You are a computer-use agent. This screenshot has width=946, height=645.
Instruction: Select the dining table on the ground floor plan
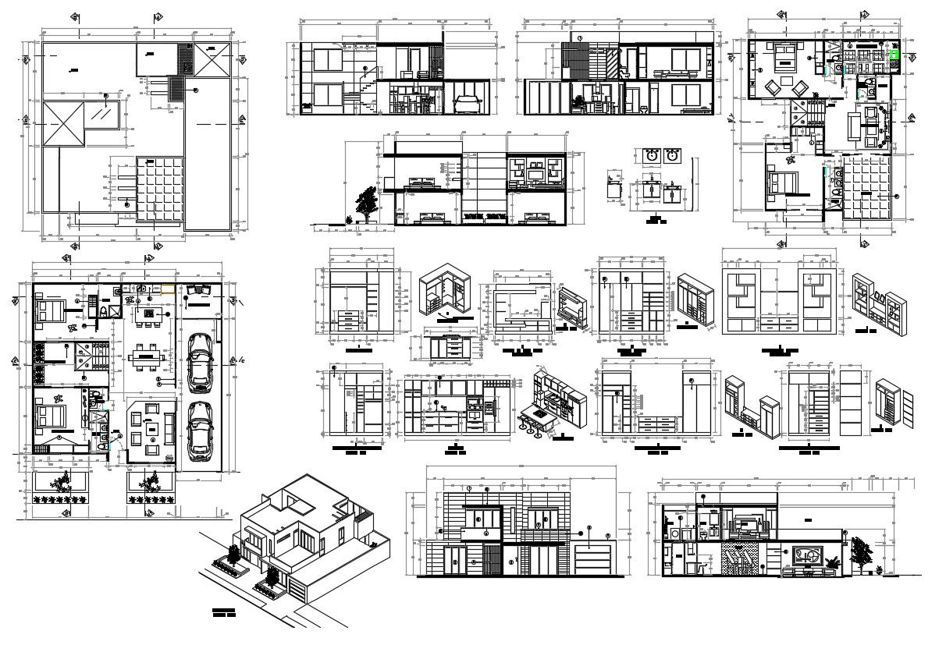pyautogui.click(x=147, y=359)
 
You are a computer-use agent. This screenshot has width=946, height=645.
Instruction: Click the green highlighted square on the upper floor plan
pyautogui.click(x=894, y=55)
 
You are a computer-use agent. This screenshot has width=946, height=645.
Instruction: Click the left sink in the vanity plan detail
pyautogui.click(x=652, y=156)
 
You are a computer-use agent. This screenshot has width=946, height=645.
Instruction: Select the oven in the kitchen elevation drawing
pyautogui.click(x=473, y=405)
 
